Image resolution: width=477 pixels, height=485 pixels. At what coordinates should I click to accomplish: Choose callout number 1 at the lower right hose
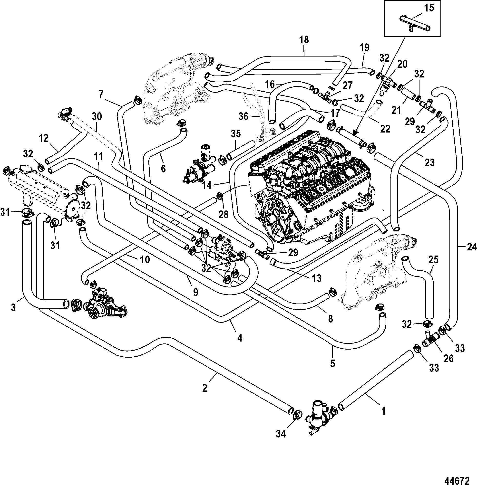click(x=383, y=411)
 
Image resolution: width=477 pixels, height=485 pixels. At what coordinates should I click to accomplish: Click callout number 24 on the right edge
click(x=472, y=247)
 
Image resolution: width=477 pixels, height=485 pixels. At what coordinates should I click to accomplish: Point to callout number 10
click(x=145, y=260)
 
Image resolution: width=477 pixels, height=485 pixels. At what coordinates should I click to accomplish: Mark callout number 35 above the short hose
click(x=235, y=134)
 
